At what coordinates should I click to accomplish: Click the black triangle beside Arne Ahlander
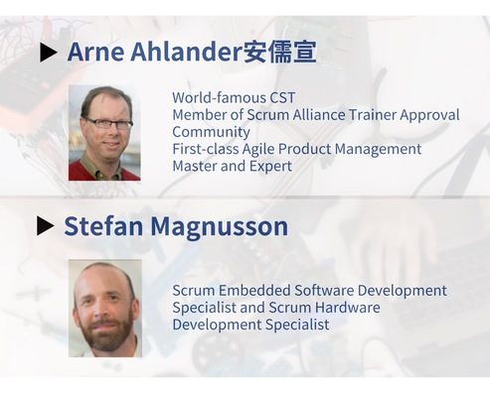tap(48, 53)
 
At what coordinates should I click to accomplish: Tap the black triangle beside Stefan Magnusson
tap(45, 226)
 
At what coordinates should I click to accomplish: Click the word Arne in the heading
tap(95, 52)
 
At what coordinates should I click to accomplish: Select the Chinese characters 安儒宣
tap(279, 52)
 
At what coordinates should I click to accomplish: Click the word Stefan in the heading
tap(103, 226)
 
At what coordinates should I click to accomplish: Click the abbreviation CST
tap(282, 97)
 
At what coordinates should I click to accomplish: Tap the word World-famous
tap(220, 97)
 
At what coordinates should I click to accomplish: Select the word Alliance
tap(319, 115)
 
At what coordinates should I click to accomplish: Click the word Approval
tap(429, 116)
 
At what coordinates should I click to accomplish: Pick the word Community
tap(211, 133)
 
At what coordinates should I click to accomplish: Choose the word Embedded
tap(254, 291)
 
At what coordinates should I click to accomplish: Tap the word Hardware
tap(347, 308)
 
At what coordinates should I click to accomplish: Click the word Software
tap(324, 291)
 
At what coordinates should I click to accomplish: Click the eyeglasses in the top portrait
tap(108, 123)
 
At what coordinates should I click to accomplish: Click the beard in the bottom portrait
tap(107, 334)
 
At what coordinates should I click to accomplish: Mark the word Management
tap(378, 150)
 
